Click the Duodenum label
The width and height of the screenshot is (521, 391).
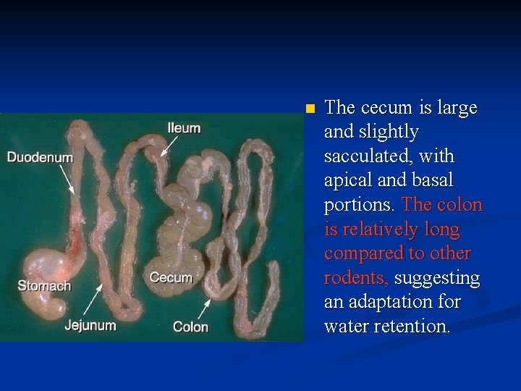point(40,157)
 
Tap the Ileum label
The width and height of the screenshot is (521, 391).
point(184,128)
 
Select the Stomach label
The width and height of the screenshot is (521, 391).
point(44,285)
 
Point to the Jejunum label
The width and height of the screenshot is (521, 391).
point(90,325)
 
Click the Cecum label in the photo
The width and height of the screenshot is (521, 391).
point(171,277)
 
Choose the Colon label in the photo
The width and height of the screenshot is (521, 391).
point(190,327)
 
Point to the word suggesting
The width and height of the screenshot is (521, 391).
point(436,278)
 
